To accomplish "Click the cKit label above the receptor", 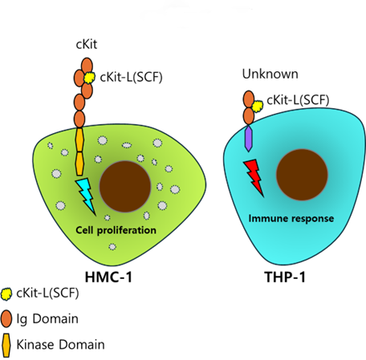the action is pyautogui.click(x=87, y=44).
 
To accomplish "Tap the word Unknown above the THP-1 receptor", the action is pyautogui.click(x=270, y=74).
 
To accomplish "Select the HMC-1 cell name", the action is pyautogui.click(x=108, y=277).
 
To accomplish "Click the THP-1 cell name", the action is pyautogui.click(x=285, y=277).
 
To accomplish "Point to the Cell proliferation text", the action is pyautogui.click(x=116, y=230).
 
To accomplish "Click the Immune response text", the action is pyautogui.click(x=291, y=218).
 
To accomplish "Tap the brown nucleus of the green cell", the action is pyautogui.click(x=125, y=187).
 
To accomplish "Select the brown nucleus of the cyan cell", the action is pyautogui.click(x=302, y=175).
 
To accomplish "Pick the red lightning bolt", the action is pyautogui.click(x=254, y=178).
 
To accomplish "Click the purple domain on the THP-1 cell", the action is pyautogui.click(x=249, y=139).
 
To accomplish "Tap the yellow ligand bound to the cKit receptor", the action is pyautogui.click(x=89, y=78).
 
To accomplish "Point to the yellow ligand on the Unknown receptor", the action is pyautogui.click(x=258, y=107).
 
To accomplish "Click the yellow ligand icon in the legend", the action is pyautogui.click(x=6, y=294).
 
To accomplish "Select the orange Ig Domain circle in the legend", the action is pyautogui.click(x=6, y=318).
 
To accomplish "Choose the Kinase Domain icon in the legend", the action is pyautogui.click(x=6, y=346).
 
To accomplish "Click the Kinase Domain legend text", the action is pyautogui.click(x=60, y=345).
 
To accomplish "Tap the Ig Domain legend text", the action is pyautogui.click(x=47, y=319).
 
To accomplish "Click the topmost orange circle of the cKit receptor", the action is pyautogui.click(x=87, y=66).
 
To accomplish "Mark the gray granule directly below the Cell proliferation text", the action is pyautogui.click(x=112, y=246).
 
